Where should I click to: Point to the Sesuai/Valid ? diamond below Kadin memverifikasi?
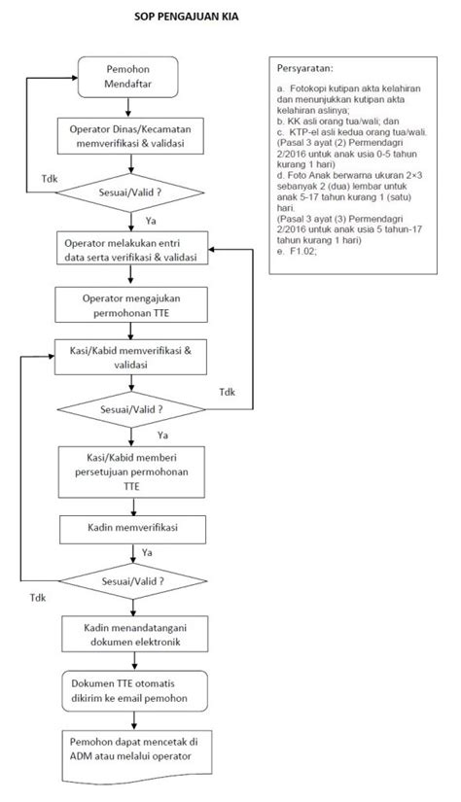132,580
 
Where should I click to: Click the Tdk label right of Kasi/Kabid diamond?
227,393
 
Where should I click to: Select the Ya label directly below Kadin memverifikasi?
147,553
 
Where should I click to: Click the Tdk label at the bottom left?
38,595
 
